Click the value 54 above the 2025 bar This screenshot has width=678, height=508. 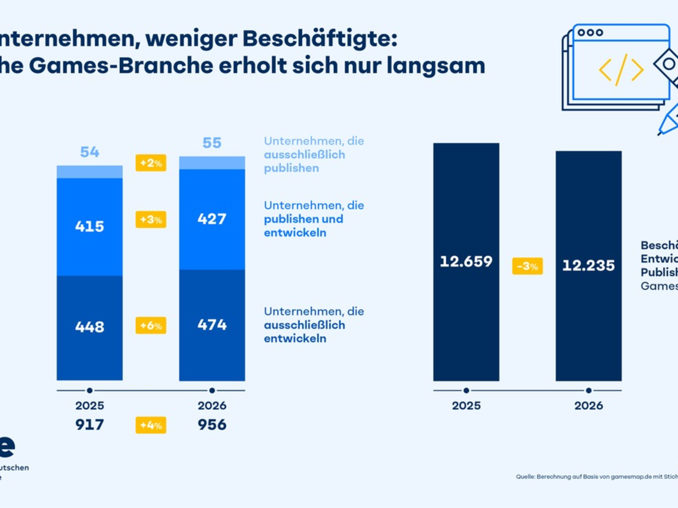coord(90,152)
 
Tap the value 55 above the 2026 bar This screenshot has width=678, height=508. coord(212,143)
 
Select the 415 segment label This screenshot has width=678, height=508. coord(90,226)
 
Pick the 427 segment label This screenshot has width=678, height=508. coord(212,219)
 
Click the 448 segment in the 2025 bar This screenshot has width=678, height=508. coord(90,326)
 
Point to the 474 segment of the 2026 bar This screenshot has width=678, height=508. coord(212,325)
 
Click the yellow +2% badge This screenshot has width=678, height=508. coord(151,163)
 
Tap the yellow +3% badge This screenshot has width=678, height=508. coord(151,219)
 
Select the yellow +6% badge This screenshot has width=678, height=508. coord(151,325)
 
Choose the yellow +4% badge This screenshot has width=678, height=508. coord(151,424)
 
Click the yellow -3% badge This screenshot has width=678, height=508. coord(527,266)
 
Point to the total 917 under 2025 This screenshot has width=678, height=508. coord(90,424)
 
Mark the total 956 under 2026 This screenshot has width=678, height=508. coord(212,424)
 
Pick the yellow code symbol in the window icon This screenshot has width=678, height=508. coord(621,69)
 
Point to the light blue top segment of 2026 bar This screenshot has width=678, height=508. coord(212,163)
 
